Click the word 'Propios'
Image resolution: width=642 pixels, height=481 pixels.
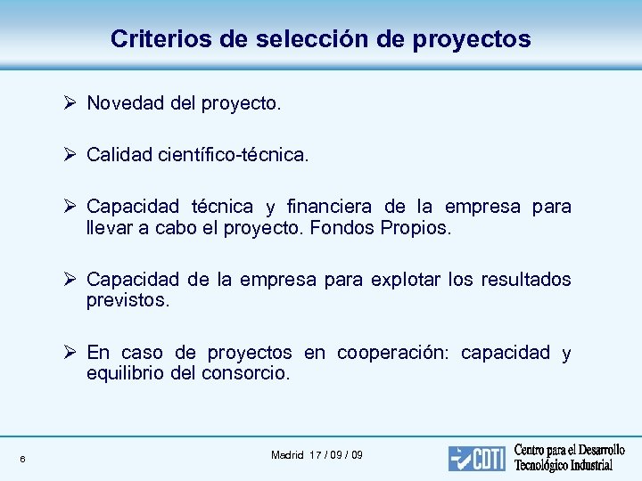[416, 228]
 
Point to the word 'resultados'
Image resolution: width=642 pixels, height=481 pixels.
[526, 280]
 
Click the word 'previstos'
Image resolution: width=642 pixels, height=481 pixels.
[127, 300]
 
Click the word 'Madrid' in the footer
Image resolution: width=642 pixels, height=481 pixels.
[288, 455]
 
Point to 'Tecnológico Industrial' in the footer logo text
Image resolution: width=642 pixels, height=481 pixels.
[564, 466]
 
